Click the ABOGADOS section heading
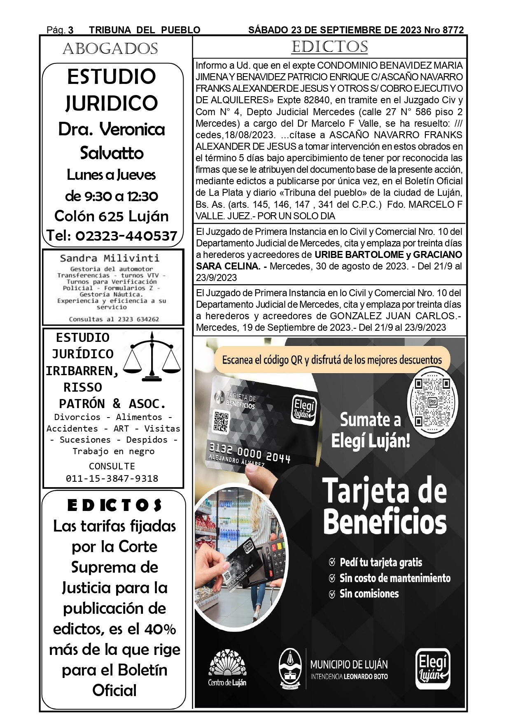click(110, 49)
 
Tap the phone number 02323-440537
click(112, 236)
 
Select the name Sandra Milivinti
click(110, 258)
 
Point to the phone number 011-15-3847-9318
click(112, 478)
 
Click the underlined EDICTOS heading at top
click(329, 47)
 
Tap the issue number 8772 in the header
click(453, 30)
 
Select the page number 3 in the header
click(71, 30)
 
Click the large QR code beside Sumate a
click(432, 402)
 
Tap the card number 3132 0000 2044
click(250, 453)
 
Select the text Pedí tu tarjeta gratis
click(380, 562)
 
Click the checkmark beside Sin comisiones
click(332, 594)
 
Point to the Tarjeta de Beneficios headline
click(385, 506)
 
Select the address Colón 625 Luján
click(112, 216)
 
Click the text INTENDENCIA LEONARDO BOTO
click(349, 676)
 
